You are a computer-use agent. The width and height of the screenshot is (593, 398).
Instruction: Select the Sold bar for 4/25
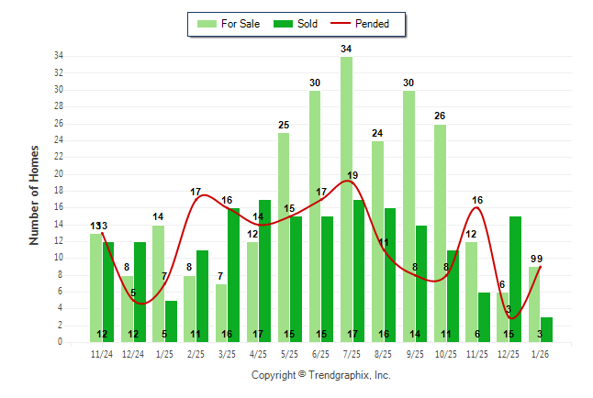[x=264, y=271]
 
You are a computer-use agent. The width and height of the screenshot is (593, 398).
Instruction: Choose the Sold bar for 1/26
[x=546, y=329]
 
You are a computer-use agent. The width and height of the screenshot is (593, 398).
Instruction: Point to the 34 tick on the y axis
[x=57, y=56]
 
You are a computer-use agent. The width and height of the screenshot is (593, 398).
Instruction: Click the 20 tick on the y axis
[x=57, y=173]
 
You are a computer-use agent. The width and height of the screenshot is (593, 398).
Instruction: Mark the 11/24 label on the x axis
[x=102, y=353]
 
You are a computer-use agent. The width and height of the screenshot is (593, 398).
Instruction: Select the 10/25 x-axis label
[x=446, y=353]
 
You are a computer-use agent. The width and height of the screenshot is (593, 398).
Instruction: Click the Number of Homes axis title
[x=34, y=194]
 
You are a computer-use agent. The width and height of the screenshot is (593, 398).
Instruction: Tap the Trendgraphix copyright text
[x=320, y=375]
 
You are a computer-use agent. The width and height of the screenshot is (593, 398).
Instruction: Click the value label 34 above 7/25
[x=346, y=49]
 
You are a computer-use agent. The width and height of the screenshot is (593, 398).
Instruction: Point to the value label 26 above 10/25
[x=440, y=116]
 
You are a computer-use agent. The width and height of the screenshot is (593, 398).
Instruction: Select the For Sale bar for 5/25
[x=284, y=238]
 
